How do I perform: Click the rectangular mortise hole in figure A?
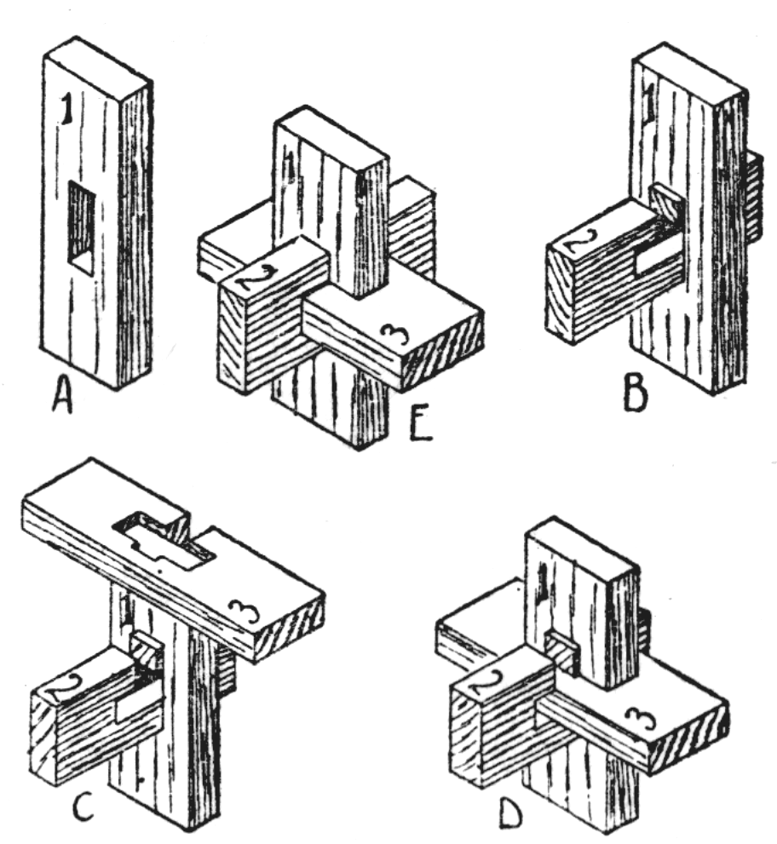point(81,227)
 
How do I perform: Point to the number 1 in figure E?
point(291,165)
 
